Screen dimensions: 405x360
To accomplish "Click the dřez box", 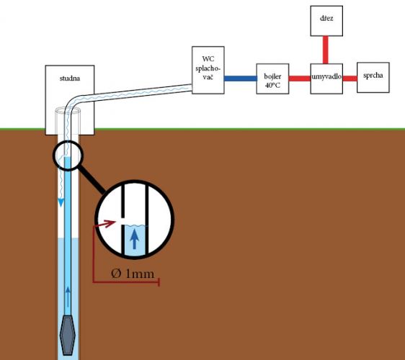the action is coord(326,21).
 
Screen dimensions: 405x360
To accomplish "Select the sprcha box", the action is coord(373,78).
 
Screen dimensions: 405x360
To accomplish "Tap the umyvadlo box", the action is coord(326,78).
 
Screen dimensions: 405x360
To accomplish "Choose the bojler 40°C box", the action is coord(272,78).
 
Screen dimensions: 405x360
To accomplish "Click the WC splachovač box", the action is coord(208,70).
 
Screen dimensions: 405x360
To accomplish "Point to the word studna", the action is coord(70,78).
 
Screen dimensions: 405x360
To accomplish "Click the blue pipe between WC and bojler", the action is coord(240,78).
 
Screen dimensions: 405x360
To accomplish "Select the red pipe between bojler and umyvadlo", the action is coord(300,78).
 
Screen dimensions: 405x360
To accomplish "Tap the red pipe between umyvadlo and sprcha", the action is coord(350,78).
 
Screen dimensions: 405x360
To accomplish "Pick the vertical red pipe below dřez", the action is coord(326,50).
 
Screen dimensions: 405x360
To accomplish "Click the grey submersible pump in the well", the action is coord(68,336).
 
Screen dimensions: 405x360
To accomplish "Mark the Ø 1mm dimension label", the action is coord(133,274).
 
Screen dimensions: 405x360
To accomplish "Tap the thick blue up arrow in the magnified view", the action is coord(134,239).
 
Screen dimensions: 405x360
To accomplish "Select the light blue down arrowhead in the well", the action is coord(61,202).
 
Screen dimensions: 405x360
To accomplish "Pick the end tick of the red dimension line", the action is coord(159,282).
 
